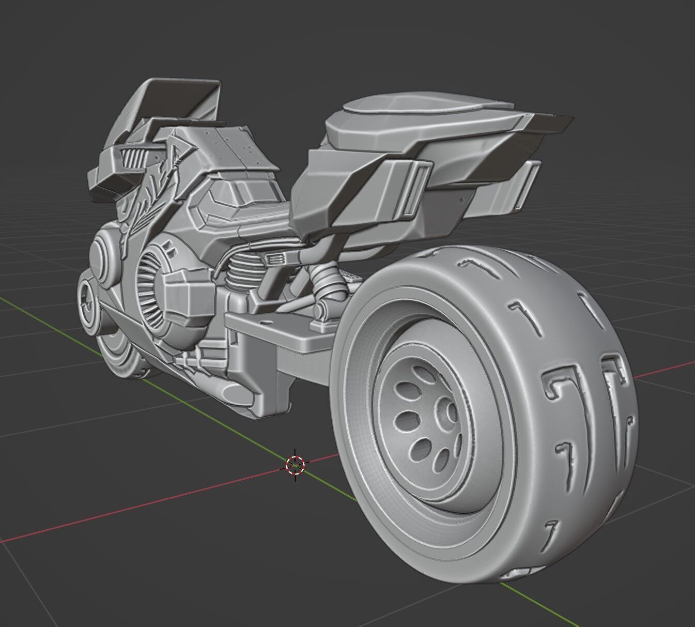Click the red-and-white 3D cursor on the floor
pyautogui.click(x=295, y=465)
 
